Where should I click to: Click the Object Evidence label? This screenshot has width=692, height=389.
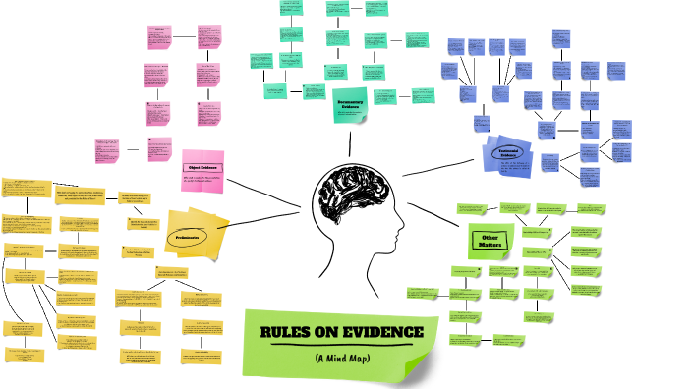pyautogui.click(x=203, y=167)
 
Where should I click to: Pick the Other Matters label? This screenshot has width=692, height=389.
pyautogui.click(x=490, y=238)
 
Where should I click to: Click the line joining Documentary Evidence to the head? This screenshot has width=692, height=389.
pyautogui.click(x=350, y=142)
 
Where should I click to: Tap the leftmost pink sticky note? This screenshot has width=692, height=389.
pyautogui.click(x=106, y=150)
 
